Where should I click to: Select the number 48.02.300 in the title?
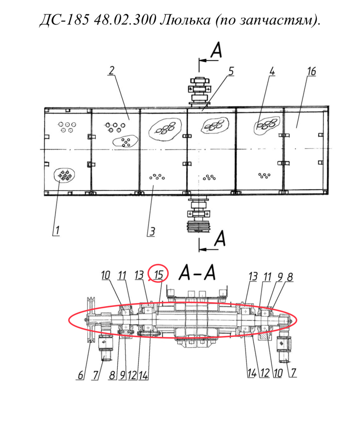[125, 19]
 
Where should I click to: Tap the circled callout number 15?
[159, 275]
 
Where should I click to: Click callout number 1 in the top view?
[57, 231]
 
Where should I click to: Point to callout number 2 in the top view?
[112, 71]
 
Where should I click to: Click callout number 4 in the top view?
[272, 71]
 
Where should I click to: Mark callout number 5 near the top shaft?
[231, 71]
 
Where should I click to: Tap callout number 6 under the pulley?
[80, 375]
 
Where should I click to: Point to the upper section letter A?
[216, 50]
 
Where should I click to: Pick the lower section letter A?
[220, 238]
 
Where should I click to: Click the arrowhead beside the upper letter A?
[202, 60]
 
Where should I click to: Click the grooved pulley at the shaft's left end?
[90, 320]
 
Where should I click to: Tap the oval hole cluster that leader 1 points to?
[64, 175]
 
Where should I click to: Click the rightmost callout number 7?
[293, 373]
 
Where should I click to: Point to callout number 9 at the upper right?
[280, 277]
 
